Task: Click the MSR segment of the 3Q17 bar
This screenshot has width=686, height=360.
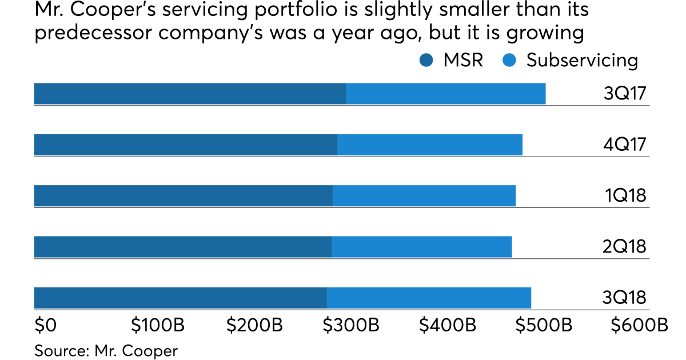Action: (190, 94)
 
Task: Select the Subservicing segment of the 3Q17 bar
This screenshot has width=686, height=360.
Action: (445, 94)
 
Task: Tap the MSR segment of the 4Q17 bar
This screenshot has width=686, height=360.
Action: (186, 145)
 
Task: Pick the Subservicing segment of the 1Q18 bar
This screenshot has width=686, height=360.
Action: (424, 195)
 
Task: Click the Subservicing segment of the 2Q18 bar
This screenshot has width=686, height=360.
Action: (421, 246)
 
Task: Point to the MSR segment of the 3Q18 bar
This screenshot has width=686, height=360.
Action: (180, 297)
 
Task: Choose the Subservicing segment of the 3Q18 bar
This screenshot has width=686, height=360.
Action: (429, 297)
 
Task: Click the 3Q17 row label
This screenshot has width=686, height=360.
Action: (625, 94)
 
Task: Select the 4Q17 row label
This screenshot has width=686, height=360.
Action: (625, 145)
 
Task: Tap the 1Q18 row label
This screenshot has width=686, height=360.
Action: (626, 196)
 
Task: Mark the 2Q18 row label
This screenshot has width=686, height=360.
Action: (625, 247)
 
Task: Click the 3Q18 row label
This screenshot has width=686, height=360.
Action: (625, 298)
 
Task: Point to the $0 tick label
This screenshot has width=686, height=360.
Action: (45, 325)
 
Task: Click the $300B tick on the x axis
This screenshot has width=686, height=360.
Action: (351, 325)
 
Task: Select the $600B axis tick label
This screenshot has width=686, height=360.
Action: (639, 325)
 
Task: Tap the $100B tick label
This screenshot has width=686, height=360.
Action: (158, 325)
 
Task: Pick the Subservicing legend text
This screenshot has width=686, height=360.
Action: (582, 60)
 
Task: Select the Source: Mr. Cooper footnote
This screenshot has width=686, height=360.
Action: (106, 350)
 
